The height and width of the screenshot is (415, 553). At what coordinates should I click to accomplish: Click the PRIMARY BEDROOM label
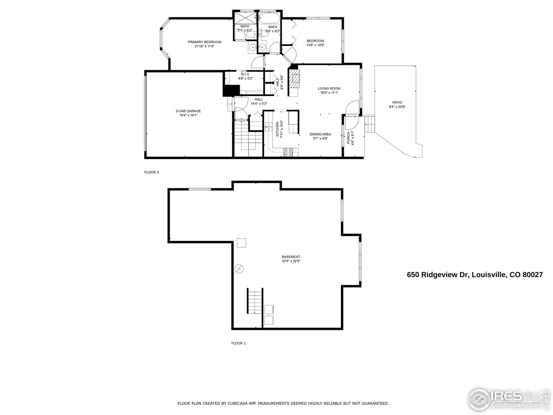tap(204, 42)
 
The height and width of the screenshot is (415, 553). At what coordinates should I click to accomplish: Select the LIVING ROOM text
tap(329, 88)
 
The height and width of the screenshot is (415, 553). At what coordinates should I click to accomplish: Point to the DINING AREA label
tap(320, 134)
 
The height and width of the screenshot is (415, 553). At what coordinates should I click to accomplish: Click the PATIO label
tap(397, 102)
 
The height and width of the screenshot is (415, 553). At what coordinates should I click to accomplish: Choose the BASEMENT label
tap(291, 257)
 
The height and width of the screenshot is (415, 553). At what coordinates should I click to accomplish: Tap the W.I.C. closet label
tap(240, 74)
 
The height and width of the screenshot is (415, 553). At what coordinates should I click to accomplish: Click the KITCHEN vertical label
tap(277, 129)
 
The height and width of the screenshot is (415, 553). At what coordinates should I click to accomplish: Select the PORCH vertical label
tap(349, 137)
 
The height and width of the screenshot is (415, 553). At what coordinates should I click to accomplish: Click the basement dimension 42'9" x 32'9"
tap(291, 261)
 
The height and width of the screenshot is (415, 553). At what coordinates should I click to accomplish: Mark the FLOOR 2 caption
tap(152, 172)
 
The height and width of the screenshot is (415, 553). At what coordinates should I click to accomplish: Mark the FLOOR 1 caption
tap(238, 343)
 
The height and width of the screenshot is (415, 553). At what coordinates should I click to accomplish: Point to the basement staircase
tap(254, 301)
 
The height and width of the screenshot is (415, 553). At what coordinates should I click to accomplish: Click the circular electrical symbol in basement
tap(239, 269)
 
